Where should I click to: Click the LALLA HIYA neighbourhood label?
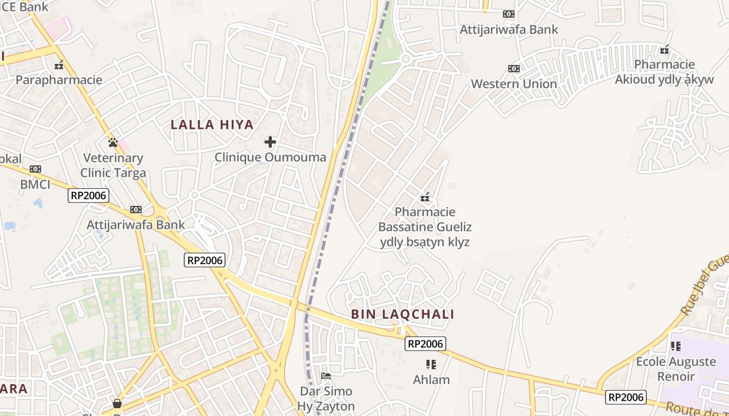(x=212, y=125)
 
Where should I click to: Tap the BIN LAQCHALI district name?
(x=403, y=314)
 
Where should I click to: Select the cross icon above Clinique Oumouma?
(x=270, y=141)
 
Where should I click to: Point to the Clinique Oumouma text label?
(x=270, y=157)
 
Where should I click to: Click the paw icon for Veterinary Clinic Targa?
(x=112, y=142)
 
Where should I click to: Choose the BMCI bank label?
(x=35, y=184)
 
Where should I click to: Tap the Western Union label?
(x=514, y=84)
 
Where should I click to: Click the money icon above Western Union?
(x=514, y=69)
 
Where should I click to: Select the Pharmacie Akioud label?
(x=664, y=72)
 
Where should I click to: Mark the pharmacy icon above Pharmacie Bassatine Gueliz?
(x=425, y=197)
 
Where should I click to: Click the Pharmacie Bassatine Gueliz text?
(x=425, y=227)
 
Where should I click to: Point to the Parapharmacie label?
(x=59, y=80)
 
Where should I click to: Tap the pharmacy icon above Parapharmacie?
(x=59, y=65)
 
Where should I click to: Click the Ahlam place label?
(x=431, y=380)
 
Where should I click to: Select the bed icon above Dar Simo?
(x=326, y=375)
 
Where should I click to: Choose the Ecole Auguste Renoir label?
(x=676, y=369)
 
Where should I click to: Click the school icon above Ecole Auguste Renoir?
(x=676, y=346)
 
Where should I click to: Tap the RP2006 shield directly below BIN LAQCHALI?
(x=425, y=344)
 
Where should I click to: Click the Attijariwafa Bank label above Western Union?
(x=509, y=30)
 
